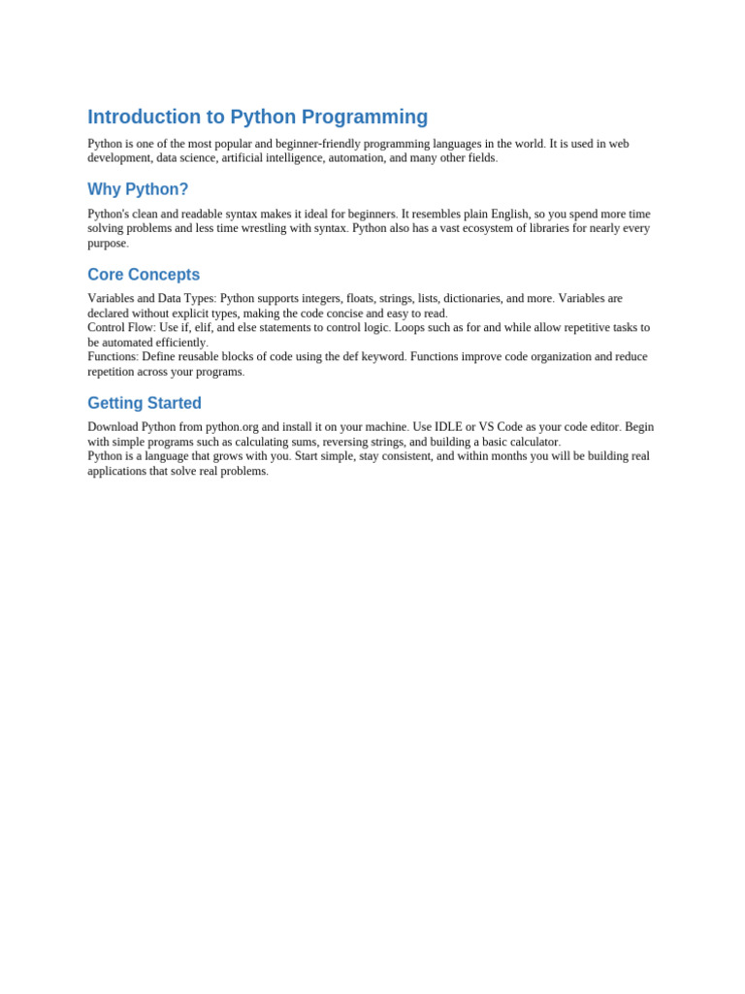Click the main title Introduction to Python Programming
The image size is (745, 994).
(257, 117)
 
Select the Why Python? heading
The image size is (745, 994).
(138, 189)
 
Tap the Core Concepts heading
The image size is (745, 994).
(144, 275)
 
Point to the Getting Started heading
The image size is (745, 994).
(145, 403)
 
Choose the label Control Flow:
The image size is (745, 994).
(121, 327)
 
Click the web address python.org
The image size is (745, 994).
(231, 426)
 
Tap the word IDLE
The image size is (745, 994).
(447, 426)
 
